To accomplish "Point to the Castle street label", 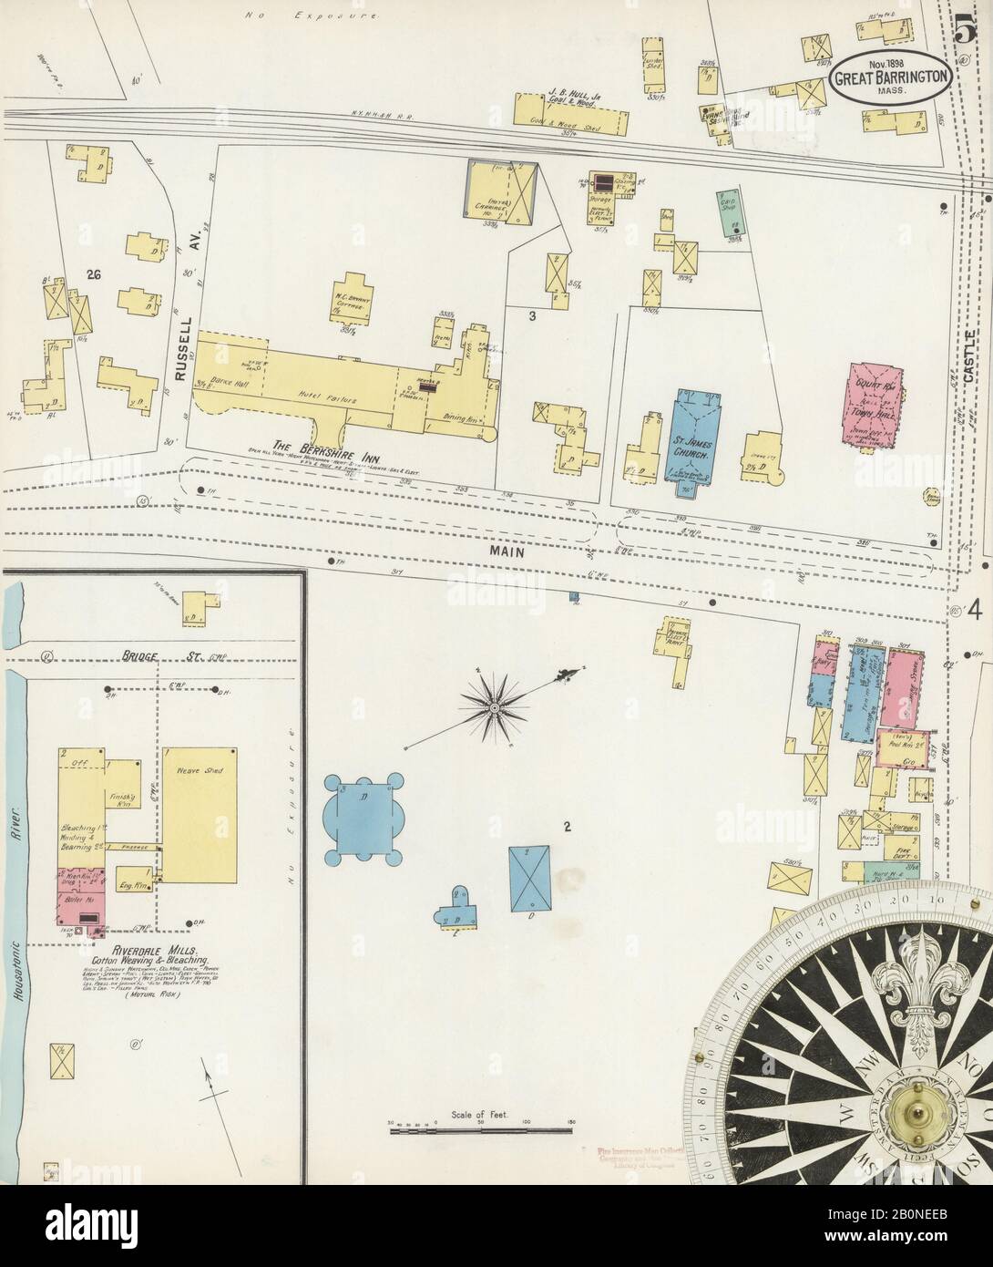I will tap(969, 355).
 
